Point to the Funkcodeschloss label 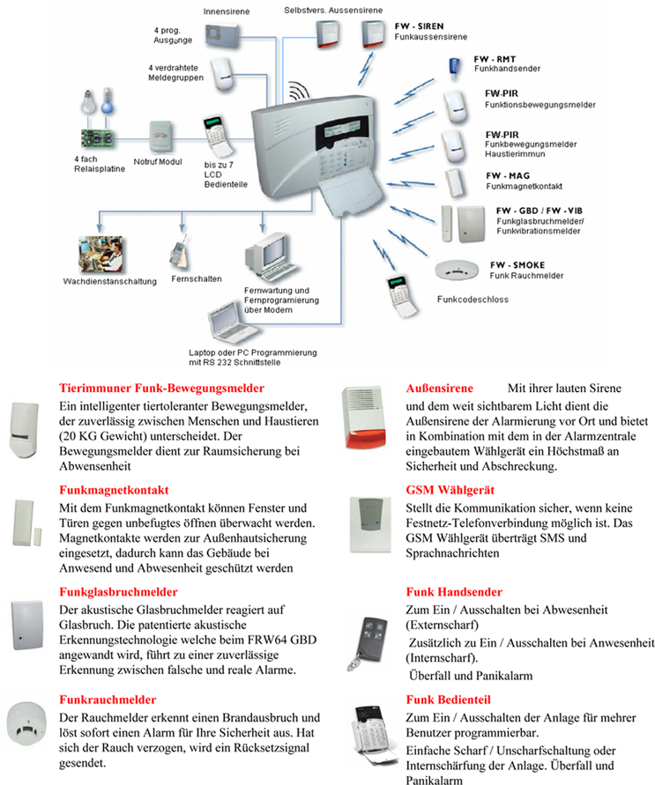(473, 300)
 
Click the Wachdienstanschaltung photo (104, 255)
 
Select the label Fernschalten (197, 278)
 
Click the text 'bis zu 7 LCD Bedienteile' (225, 174)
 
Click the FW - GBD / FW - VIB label (539, 210)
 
